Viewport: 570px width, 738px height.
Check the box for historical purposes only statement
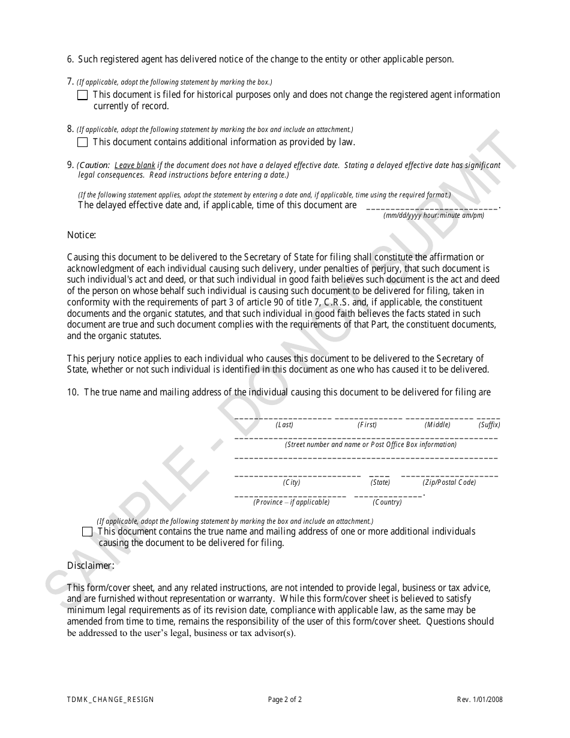tap(83, 95)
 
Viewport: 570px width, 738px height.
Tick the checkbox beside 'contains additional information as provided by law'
tap(83, 142)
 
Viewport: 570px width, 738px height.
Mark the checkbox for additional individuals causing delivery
tap(88, 532)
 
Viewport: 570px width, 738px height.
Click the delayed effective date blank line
tap(431, 207)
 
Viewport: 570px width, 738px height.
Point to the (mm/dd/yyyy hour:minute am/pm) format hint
tap(434, 215)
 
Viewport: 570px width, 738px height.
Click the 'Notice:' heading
tap(82, 235)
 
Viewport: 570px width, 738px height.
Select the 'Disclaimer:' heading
tap(91, 565)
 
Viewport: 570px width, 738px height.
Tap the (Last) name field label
tap(284, 425)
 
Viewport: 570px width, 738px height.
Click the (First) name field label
tap(367, 425)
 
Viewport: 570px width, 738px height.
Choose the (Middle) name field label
tap(437, 425)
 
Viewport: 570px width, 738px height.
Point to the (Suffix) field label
tap(489, 425)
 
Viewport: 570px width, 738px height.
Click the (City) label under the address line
tap(292, 482)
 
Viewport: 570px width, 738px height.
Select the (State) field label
tap(380, 482)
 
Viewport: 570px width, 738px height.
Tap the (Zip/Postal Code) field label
tap(449, 482)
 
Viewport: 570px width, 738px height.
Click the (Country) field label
tap(387, 502)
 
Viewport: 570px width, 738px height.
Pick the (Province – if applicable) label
tap(291, 502)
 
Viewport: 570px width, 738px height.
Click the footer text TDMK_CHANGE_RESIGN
tap(110, 700)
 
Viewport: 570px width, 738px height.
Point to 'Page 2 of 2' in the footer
tap(285, 700)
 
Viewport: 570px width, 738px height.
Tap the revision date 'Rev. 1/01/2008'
tap(478, 700)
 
